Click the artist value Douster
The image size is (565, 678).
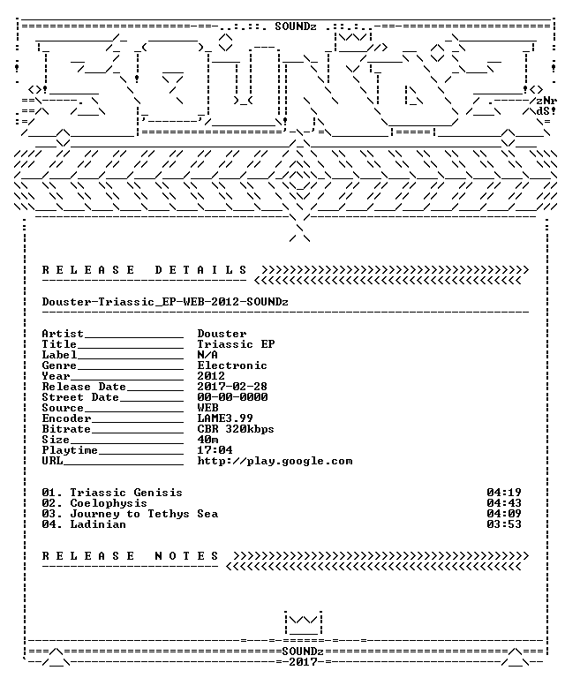222,334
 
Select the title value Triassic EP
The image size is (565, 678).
236,344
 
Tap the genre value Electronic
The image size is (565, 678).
232,365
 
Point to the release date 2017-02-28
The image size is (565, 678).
232,387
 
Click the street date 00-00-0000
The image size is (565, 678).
232,397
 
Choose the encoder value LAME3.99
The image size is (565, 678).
225,418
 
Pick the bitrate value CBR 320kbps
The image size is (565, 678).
236,429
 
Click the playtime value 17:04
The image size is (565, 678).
215,450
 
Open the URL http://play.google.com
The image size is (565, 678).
275,461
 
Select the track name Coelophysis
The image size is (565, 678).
109,503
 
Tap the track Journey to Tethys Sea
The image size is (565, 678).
144,514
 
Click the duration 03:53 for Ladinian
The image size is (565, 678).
504,524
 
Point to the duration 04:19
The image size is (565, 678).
504,493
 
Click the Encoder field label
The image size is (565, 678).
66,418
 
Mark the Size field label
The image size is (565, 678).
56,440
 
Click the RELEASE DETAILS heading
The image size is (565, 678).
145,270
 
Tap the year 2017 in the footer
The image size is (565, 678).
303,662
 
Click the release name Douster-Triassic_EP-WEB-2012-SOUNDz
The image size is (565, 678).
165,302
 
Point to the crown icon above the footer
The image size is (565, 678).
303,623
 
